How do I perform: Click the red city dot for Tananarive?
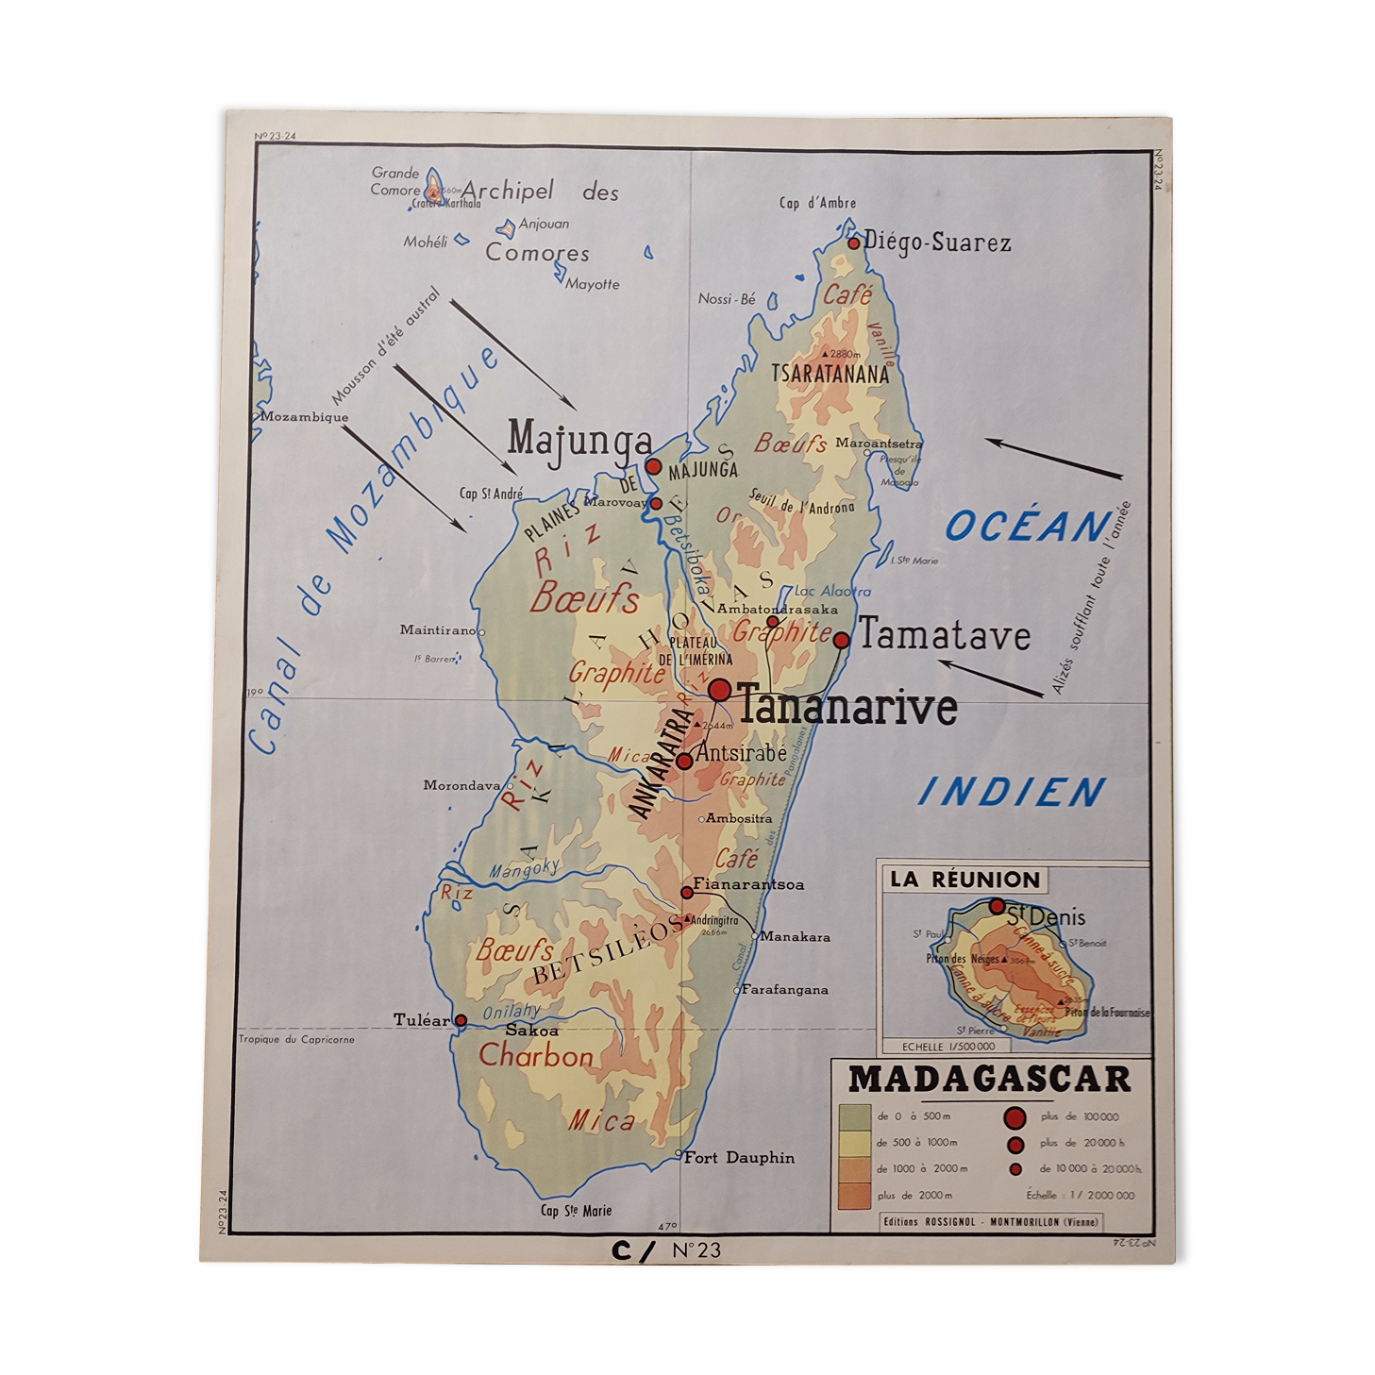point(719,690)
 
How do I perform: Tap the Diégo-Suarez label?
point(936,243)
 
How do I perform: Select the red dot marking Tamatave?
point(841,640)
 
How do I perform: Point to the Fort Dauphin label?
point(738,1157)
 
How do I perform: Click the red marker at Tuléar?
point(461,1020)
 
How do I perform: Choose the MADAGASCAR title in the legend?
point(988,1079)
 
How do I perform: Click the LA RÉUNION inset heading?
point(964,880)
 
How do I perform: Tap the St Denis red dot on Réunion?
point(997,906)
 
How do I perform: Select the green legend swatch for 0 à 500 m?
point(853,1116)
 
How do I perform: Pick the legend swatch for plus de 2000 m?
point(853,1195)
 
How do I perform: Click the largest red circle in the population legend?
point(1015,1118)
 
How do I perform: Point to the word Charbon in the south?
point(536,1055)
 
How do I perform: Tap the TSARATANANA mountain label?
point(830,374)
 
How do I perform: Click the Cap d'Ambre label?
point(817,203)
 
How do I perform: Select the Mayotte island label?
point(593,284)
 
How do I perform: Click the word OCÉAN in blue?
point(1028,526)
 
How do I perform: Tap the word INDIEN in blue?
point(1012,792)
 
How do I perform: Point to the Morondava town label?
point(461,785)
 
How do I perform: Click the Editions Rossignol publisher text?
point(990,1221)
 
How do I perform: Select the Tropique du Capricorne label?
point(296,1039)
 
